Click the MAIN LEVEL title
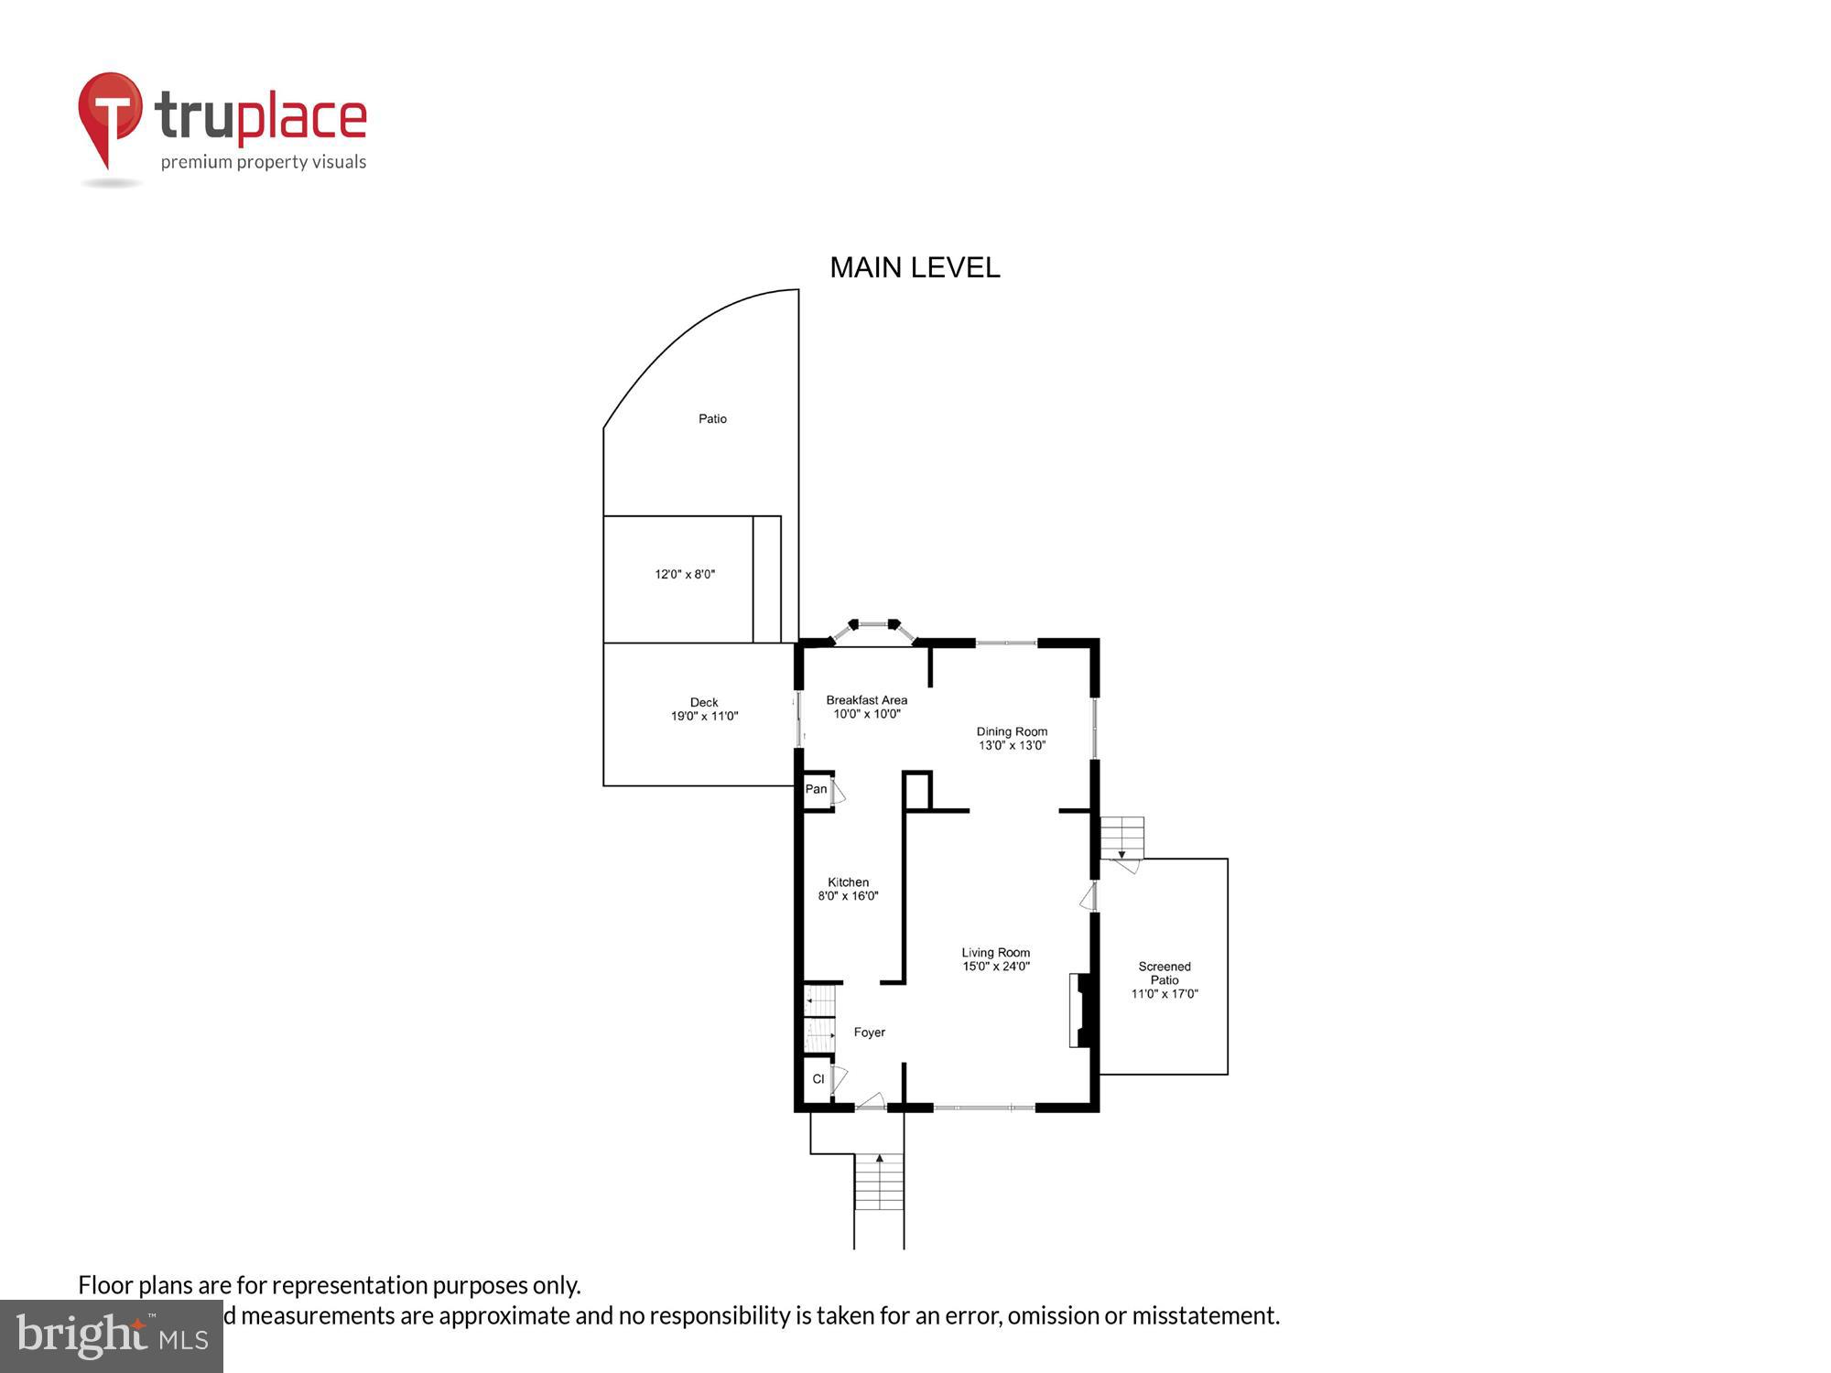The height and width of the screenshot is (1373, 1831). (915, 267)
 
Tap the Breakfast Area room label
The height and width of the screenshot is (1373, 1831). (866, 707)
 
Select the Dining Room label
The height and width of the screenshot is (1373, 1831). (1012, 738)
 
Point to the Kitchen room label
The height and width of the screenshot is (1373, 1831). (848, 889)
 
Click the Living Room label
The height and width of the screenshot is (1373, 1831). (996, 958)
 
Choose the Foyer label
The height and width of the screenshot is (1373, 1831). (869, 1032)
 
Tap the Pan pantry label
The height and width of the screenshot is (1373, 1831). (816, 789)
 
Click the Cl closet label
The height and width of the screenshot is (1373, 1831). (818, 1079)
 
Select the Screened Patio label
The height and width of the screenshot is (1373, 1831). (1165, 979)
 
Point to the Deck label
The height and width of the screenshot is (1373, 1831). (704, 709)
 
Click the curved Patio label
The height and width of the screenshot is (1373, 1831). (712, 419)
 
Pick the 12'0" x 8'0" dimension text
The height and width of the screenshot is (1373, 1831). (685, 575)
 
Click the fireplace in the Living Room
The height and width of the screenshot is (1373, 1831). (1081, 1010)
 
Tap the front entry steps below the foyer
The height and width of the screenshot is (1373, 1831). (879, 1182)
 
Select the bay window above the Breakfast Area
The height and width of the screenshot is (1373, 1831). (873, 629)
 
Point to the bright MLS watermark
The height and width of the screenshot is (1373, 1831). (112, 1335)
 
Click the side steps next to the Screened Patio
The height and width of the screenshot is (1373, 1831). (1121, 838)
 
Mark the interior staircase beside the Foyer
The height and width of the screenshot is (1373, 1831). (820, 1017)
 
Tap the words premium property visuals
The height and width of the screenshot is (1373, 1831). (264, 162)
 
